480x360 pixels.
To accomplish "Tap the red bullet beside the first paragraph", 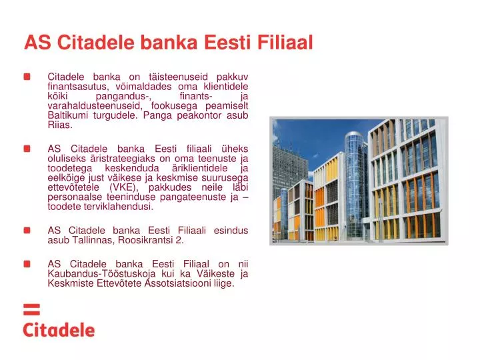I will click(x=27, y=77).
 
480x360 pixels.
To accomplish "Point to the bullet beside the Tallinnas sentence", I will click(x=27, y=231).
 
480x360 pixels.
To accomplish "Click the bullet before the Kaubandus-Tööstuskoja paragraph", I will click(x=27, y=263).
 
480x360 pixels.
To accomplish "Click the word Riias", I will click(x=60, y=124).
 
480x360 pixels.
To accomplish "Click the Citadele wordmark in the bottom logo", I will click(x=59, y=330).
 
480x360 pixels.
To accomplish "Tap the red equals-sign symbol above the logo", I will click(x=32, y=310).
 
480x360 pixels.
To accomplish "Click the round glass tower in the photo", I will click(x=353, y=180).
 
